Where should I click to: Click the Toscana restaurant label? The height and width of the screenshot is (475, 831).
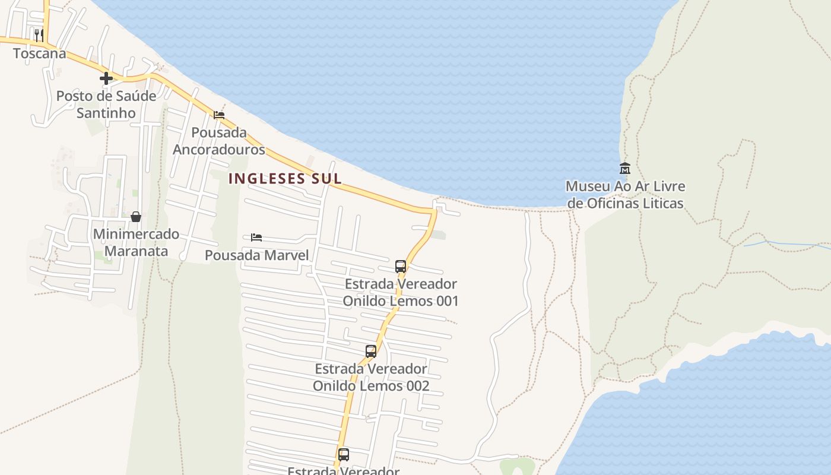(x=39, y=53)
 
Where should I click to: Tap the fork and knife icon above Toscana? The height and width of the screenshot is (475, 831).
(x=39, y=35)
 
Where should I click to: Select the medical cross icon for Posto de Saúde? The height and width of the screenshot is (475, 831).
(x=106, y=78)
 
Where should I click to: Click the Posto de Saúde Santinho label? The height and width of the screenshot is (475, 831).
(x=106, y=104)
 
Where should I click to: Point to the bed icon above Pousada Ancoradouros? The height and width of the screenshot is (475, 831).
(x=219, y=115)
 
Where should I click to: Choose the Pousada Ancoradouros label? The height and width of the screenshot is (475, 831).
(x=219, y=141)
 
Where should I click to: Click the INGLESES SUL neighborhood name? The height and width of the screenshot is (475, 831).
(x=285, y=178)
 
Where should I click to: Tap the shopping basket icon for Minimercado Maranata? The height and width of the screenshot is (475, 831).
(x=136, y=217)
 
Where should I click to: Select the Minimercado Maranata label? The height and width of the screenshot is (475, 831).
(x=136, y=242)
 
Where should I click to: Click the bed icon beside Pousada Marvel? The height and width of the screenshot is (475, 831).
(x=256, y=237)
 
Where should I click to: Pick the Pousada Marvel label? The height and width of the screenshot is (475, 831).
(x=257, y=255)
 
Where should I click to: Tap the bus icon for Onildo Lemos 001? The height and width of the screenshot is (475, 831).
(x=401, y=266)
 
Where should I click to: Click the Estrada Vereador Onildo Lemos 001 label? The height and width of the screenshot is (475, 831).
(x=401, y=292)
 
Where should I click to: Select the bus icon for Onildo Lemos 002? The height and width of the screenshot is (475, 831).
(x=371, y=351)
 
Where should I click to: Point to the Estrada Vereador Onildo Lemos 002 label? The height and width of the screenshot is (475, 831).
(x=371, y=377)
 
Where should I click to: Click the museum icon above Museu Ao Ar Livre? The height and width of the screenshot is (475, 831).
(x=624, y=168)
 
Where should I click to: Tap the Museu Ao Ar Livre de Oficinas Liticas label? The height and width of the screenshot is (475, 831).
(x=625, y=195)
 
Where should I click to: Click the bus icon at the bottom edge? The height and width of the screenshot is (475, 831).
(x=344, y=455)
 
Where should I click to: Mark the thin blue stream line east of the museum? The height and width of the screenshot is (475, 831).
(x=784, y=243)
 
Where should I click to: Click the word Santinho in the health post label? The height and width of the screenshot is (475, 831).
(x=106, y=113)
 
